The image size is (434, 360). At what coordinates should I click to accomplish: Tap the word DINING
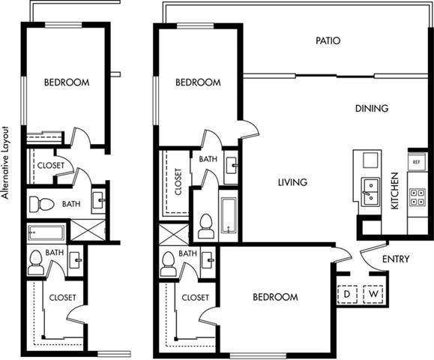pyautogui.click(x=372, y=109)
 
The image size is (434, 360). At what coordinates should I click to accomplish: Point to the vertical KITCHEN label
pyautogui.click(x=396, y=192)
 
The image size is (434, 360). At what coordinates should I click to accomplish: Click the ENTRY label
pyautogui.click(x=395, y=259)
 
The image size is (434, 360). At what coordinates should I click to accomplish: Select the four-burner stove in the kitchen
pyautogui.click(x=416, y=197)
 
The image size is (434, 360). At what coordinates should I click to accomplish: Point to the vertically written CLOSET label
pyautogui.click(x=178, y=181)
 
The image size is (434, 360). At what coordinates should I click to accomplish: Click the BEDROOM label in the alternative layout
pyautogui.click(x=67, y=82)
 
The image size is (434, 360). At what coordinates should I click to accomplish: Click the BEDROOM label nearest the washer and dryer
pyautogui.click(x=274, y=297)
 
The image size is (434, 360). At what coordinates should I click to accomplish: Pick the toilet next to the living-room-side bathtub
pyautogui.click(x=206, y=226)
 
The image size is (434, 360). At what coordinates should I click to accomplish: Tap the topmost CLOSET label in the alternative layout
pyautogui.click(x=50, y=166)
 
